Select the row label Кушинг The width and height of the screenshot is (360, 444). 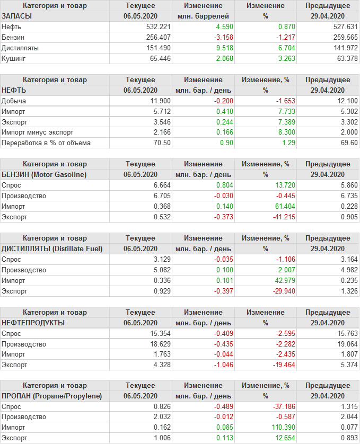14,58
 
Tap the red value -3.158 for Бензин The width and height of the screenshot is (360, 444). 223,37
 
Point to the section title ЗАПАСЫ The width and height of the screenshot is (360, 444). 17,16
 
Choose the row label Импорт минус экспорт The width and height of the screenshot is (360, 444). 38,132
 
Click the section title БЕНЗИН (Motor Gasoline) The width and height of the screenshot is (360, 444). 44,174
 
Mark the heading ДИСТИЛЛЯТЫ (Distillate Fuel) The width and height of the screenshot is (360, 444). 52,248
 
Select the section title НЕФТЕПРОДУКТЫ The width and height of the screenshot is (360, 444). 33,323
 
